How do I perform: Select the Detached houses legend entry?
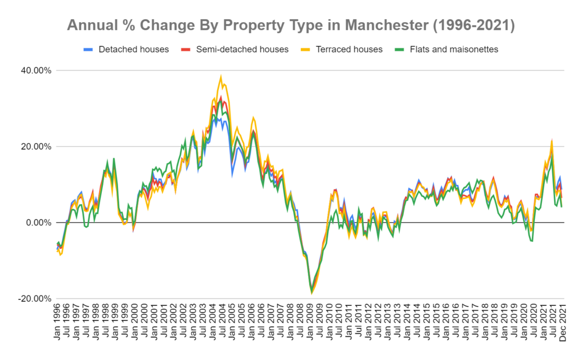133,49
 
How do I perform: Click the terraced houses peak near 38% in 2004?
221,76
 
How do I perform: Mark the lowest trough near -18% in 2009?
311,293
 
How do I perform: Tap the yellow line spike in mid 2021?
551,141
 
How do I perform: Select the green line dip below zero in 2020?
531,241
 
